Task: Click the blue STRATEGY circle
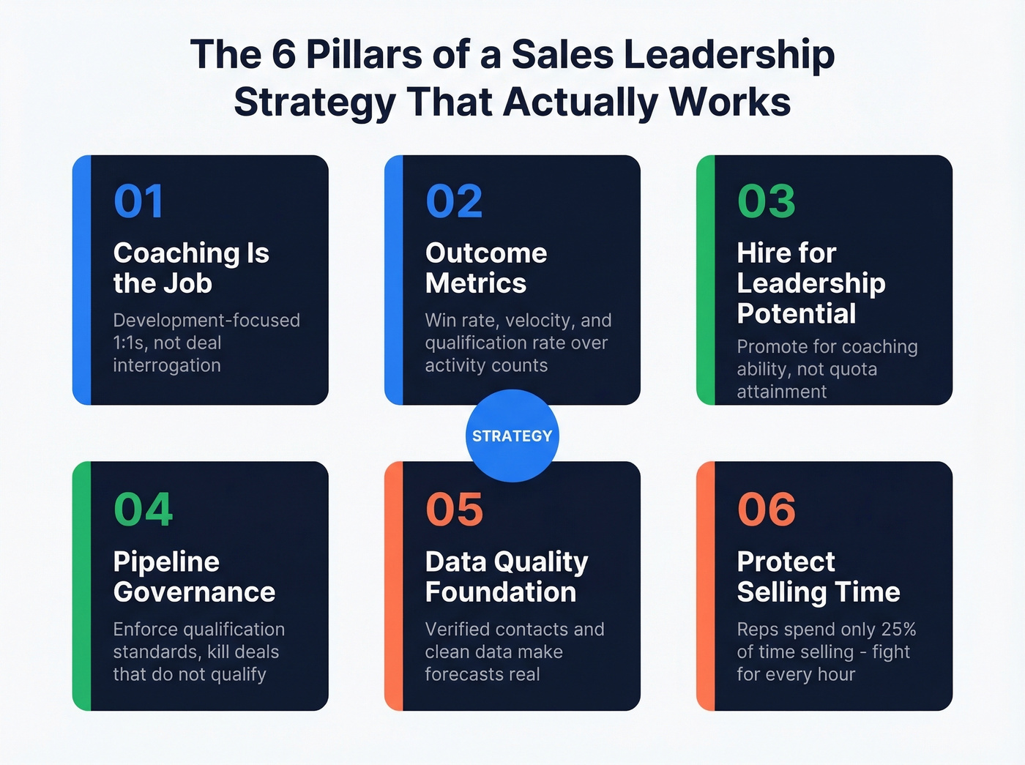click(x=512, y=436)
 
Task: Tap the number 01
click(x=138, y=201)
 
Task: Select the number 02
click(x=454, y=201)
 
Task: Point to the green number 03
click(x=766, y=201)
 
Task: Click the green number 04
click(x=143, y=510)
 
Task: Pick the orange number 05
click(x=454, y=510)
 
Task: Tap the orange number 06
click(x=766, y=510)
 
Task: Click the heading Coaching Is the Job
click(x=190, y=268)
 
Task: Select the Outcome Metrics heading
click(x=485, y=268)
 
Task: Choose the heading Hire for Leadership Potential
click(x=810, y=283)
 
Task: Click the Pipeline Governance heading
click(x=194, y=577)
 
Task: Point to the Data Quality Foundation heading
click(x=506, y=577)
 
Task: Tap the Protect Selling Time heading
click(x=818, y=577)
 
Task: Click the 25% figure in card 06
click(x=899, y=630)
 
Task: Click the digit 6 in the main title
click(x=283, y=55)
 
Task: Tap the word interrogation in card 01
click(x=167, y=365)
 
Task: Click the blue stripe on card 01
click(x=82, y=280)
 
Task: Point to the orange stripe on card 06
click(x=706, y=586)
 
